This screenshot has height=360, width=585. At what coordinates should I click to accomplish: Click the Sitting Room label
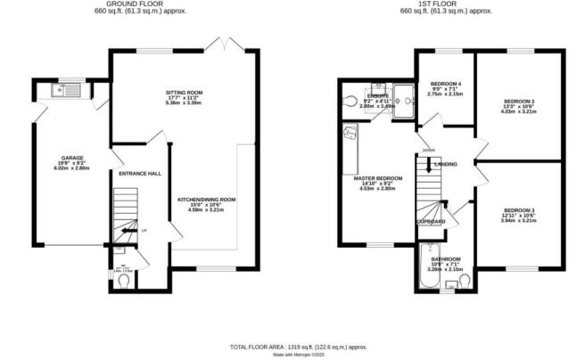(185, 93)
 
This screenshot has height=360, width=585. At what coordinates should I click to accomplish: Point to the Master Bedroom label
(378, 178)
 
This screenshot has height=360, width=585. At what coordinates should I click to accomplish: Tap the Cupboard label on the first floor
(430, 221)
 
